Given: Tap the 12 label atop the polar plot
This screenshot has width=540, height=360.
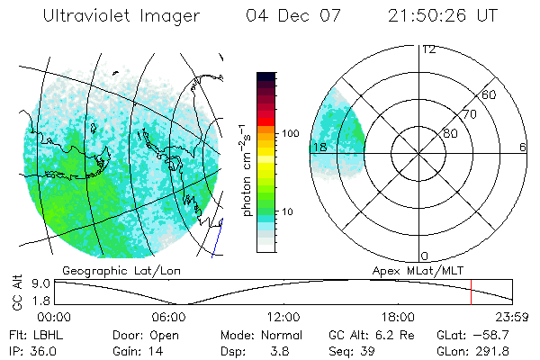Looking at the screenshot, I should point(428,49).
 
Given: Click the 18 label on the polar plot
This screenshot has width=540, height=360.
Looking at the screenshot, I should point(319,147).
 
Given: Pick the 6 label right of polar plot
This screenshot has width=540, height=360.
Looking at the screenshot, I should point(523,147).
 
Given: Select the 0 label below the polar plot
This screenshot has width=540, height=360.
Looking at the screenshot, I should point(425,256).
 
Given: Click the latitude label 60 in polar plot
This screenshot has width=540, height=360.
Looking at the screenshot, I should point(489,94).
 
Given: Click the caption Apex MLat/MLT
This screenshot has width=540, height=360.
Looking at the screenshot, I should point(409,269).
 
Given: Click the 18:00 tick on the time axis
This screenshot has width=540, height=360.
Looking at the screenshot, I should point(398,317).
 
